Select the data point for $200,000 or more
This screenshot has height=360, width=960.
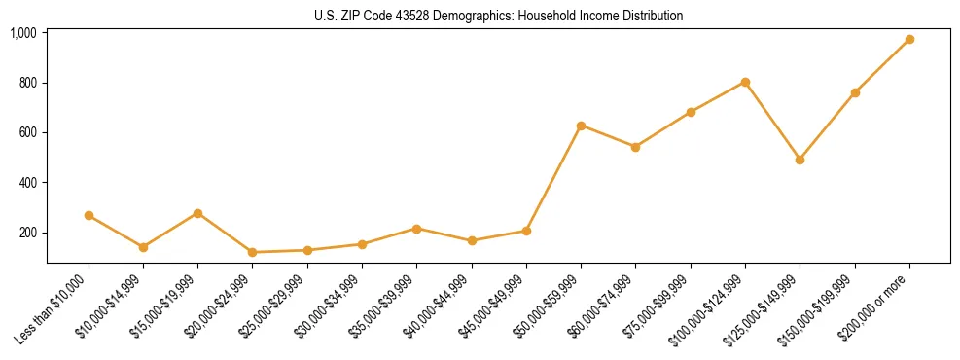coord(909,40)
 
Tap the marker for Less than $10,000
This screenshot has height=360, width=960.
coord(89,215)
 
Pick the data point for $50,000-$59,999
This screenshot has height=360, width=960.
coord(581,126)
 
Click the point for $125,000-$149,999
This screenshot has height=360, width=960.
coord(800,160)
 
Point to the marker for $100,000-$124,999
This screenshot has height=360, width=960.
coord(745,82)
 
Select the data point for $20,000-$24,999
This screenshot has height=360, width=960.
coord(253,252)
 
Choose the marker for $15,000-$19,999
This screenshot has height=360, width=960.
coord(197,213)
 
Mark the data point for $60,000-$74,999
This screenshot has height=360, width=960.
coord(635,147)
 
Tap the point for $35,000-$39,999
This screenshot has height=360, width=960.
coord(416,229)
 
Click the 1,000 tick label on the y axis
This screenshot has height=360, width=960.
coord(23,33)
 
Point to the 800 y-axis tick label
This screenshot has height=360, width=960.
coord(27,83)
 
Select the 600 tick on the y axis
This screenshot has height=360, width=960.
coord(27,132)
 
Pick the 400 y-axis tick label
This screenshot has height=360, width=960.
coord(27,183)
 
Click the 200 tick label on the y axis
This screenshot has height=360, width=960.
coord(27,233)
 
